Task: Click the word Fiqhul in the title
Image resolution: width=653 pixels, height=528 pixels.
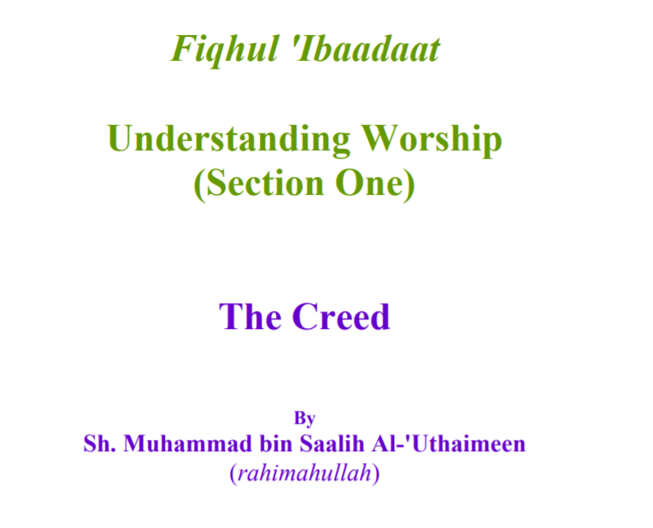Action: (225, 50)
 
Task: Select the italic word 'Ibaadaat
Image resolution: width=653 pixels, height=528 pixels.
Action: (367, 49)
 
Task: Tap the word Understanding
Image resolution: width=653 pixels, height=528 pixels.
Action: (228, 139)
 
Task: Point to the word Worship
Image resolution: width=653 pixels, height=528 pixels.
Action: (432, 140)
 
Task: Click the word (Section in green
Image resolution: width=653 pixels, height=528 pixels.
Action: (259, 184)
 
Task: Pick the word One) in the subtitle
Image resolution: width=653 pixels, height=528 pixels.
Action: (375, 184)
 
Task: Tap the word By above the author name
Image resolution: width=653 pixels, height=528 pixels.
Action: (304, 418)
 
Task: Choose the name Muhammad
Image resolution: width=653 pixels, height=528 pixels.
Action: (188, 443)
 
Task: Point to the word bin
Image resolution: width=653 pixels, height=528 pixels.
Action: (276, 443)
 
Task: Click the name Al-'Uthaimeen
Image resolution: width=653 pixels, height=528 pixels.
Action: (449, 443)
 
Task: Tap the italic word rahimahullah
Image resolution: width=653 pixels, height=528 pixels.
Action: (304, 473)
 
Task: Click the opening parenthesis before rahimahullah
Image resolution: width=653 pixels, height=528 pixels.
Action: (233, 474)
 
